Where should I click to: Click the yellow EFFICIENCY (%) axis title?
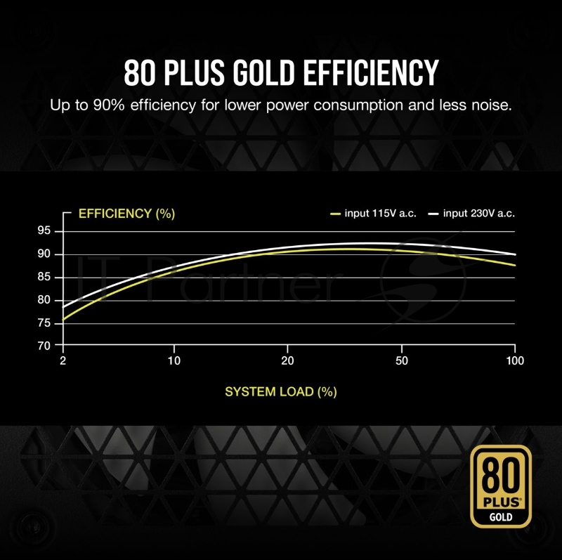(x=126, y=214)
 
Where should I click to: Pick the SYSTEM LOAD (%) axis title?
(x=281, y=391)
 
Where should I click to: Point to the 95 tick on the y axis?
(x=44, y=231)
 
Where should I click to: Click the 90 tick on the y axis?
(x=44, y=254)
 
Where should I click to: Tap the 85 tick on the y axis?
(x=44, y=278)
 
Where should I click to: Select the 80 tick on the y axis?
(x=44, y=300)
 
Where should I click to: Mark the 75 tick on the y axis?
(x=44, y=323)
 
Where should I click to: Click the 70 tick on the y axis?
(x=44, y=346)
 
